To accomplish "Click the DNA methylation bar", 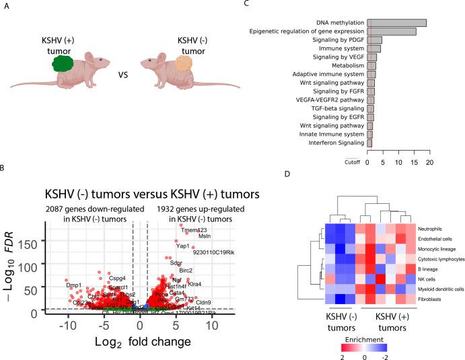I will [x=396, y=23].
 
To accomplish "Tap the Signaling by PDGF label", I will [x=339, y=40].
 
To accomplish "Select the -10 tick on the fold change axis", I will [x=67, y=326].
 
